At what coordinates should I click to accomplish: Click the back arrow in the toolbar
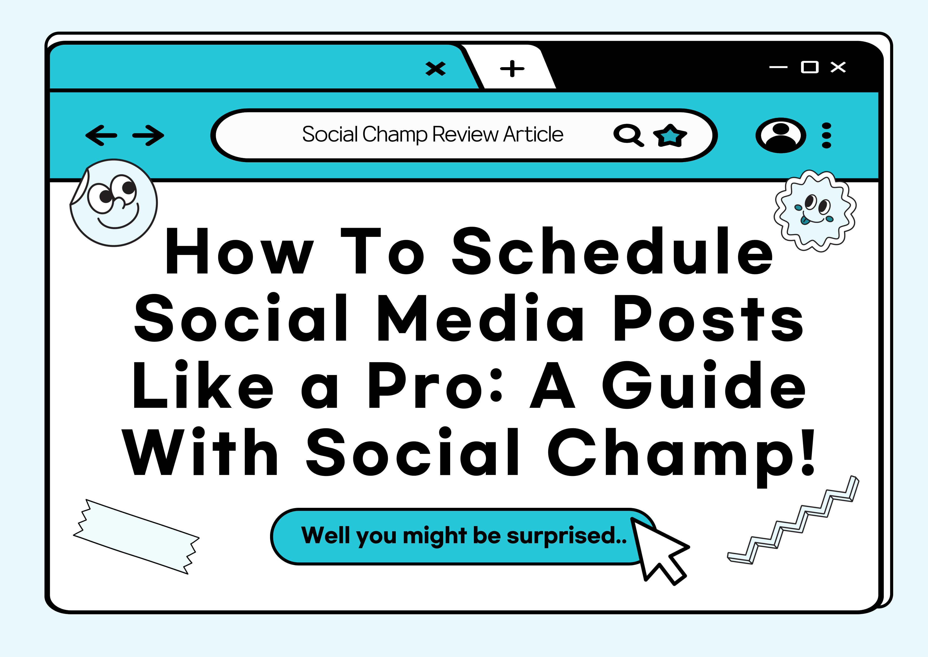[101, 135]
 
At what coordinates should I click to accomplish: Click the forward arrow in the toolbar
[148, 135]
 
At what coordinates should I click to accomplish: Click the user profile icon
[781, 135]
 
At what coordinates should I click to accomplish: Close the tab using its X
[436, 68]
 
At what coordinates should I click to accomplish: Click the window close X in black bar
[838, 67]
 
